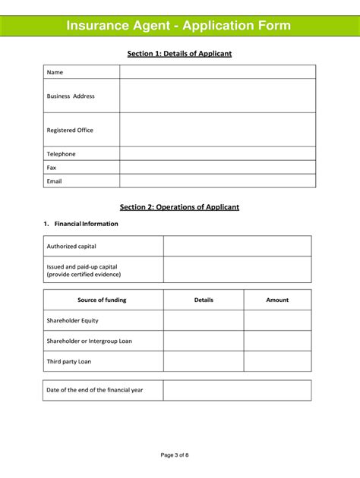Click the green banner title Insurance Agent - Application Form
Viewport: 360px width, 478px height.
point(178,26)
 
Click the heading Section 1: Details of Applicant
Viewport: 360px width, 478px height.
point(179,54)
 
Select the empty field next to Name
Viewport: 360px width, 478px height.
point(217,72)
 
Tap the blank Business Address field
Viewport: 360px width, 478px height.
point(217,96)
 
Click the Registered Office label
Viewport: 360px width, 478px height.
point(70,130)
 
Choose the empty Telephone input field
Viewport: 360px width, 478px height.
point(217,153)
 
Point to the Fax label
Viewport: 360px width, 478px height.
point(52,167)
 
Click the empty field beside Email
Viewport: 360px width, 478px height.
point(217,181)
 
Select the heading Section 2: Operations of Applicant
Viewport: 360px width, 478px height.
point(179,207)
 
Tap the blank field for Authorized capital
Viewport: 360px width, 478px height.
point(237,246)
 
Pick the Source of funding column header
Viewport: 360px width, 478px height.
point(102,300)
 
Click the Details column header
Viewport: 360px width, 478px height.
point(204,300)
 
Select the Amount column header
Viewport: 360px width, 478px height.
point(277,300)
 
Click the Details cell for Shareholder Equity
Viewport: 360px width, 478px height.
point(204,320)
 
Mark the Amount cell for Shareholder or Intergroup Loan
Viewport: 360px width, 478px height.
point(277,341)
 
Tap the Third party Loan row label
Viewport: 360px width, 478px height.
point(69,361)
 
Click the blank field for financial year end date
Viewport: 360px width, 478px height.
point(237,390)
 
